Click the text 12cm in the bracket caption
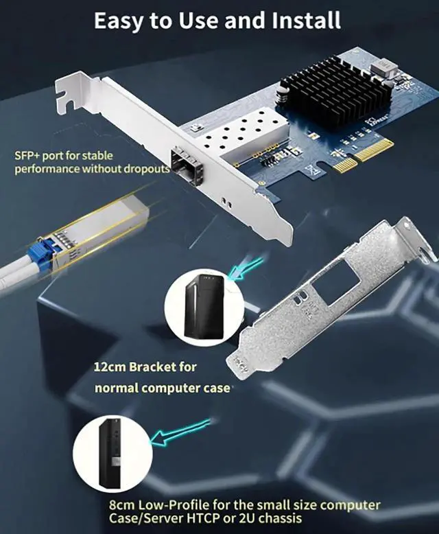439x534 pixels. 109,367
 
